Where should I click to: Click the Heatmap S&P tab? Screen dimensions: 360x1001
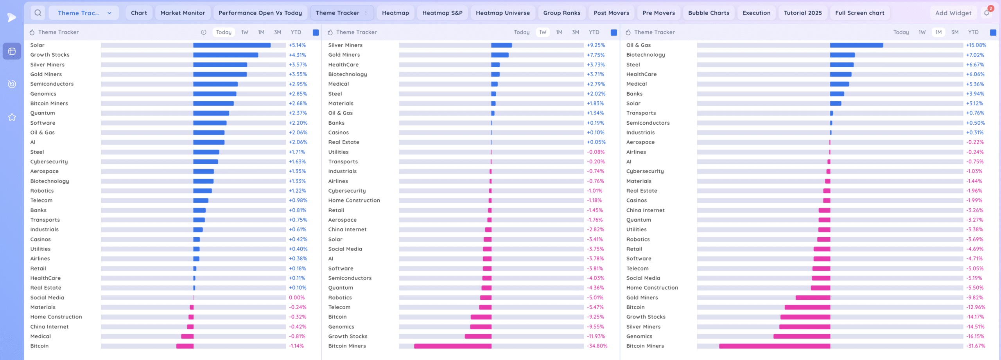[x=442, y=13]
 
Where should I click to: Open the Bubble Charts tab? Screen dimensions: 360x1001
[x=709, y=13]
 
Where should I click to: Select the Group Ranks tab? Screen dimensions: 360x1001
[x=561, y=13]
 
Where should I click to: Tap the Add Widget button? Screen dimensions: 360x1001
[x=953, y=13]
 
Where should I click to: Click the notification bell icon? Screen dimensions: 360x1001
[x=987, y=13]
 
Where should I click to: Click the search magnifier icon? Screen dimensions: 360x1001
[x=38, y=13]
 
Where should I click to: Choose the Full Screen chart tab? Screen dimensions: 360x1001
[x=859, y=13]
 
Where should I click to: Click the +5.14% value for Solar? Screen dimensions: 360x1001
[x=297, y=45]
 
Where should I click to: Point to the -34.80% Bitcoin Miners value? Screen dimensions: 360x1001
[x=597, y=346]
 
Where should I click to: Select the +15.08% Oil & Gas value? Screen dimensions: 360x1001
[x=976, y=45]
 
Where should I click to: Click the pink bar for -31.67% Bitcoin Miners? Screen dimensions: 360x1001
[x=774, y=346]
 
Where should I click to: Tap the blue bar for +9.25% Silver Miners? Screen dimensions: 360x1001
[x=501, y=45]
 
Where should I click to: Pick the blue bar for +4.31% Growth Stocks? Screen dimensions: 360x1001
[x=226, y=55]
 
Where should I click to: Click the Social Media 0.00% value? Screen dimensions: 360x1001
[x=297, y=297]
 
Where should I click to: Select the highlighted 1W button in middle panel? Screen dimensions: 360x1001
[x=542, y=32]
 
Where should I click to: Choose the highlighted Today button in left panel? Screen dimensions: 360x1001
[x=224, y=32]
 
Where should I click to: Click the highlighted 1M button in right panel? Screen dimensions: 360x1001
[x=938, y=32]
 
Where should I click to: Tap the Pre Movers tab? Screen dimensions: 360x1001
[x=658, y=13]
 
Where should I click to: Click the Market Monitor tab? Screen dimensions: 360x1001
[x=183, y=13]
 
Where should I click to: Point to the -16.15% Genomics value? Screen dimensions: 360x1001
[x=975, y=336]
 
